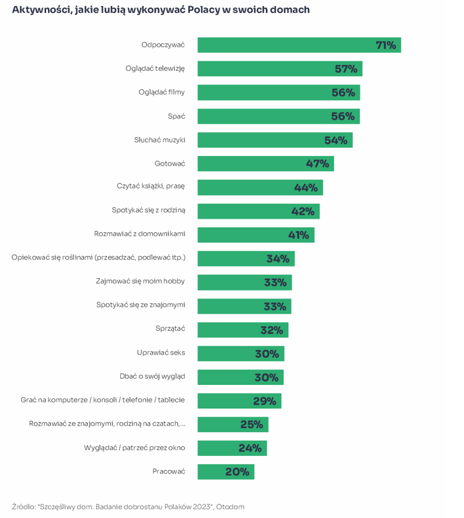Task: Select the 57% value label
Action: (346, 69)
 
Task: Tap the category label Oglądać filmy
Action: (162, 92)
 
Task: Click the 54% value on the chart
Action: (335, 140)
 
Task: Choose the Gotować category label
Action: (169, 163)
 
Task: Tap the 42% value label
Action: (303, 211)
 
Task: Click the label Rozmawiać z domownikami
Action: (139, 234)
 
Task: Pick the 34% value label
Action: (278, 259)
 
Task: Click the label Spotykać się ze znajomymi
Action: (141, 305)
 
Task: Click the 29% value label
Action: (264, 401)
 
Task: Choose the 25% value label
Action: (252, 425)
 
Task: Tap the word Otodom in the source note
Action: (230, 507)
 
